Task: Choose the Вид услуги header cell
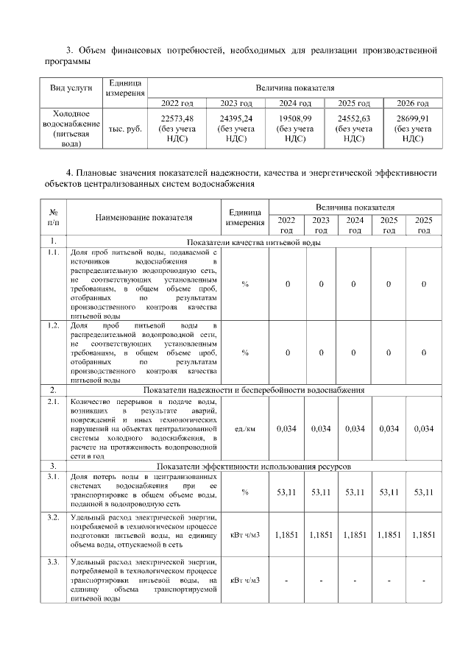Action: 71,88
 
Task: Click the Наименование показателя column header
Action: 144,218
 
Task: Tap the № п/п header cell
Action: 53,218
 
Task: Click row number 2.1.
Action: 53,402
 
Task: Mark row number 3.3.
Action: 53,563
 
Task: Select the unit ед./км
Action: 244,429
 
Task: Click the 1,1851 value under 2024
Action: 354,535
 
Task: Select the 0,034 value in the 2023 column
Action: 321,429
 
